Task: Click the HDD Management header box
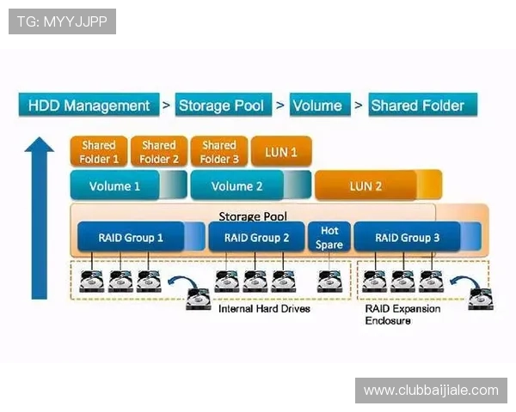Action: coord(89,106)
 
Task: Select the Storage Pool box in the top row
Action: coord(221,106)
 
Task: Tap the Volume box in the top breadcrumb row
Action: coord(317,106)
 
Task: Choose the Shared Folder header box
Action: coord(417,106)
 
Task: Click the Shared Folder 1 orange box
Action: coord(99,152)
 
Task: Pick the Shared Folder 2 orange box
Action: coord(158,152)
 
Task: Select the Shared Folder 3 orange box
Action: coord(218,152)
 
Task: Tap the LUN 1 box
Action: coord(281,152)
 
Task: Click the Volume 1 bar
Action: coord(115,185)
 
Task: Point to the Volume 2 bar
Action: coord(237,185)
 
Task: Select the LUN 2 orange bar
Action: coord(366,185)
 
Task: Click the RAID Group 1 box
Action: coord(131,238)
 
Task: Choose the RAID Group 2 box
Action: coord(256,238)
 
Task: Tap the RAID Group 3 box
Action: coord(407,238)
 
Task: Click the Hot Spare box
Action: coord(329,238)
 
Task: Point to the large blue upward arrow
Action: coord(40,219)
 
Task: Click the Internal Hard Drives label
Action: coord(264,308)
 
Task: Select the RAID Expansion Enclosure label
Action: coord(402,314)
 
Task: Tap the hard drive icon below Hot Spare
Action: coord(329,282)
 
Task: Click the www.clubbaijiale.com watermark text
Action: coord(431,391)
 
